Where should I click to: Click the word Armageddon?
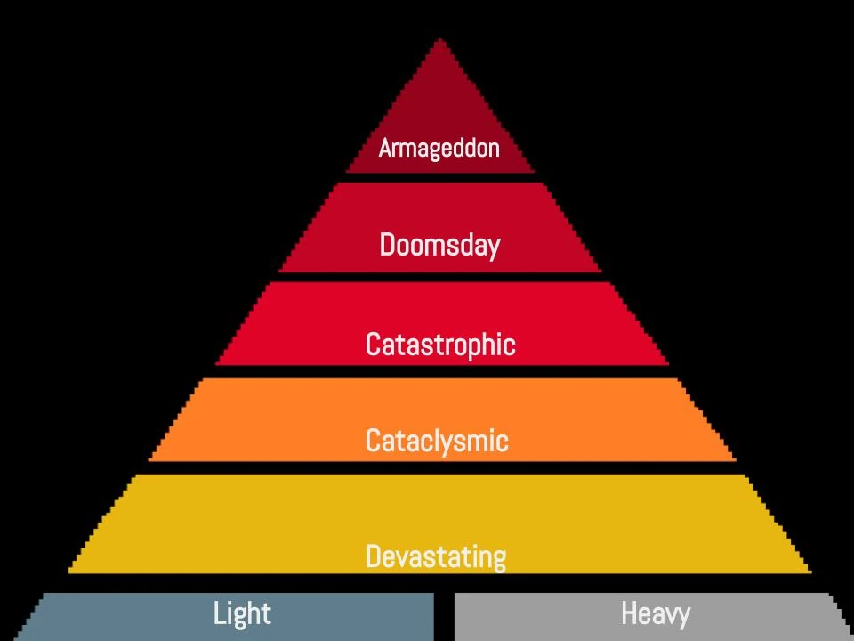439,148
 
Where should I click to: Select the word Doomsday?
439,245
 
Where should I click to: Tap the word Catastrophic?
440,344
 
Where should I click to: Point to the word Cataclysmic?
437,441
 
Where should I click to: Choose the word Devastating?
436,557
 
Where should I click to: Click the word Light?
242,613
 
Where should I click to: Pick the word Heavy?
655,613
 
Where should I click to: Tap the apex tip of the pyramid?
440,42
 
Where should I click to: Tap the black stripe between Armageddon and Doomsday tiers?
440,177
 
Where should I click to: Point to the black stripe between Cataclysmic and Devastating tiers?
440,467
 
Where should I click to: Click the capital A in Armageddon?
385,148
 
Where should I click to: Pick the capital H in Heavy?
628,613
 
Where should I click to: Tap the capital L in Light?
220,613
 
